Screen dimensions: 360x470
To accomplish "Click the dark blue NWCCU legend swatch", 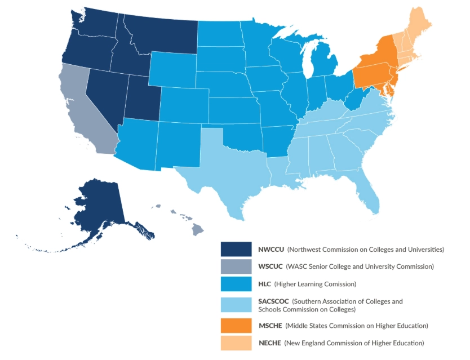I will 236,249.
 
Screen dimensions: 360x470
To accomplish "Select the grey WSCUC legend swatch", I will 236,266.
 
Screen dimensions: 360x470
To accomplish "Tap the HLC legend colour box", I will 236,284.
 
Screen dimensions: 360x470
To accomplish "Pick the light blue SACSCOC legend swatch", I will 236,305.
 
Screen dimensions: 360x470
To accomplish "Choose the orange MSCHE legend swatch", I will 236,326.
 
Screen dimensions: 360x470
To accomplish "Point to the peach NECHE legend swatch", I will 236,343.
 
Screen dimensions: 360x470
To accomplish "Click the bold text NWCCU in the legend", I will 271,249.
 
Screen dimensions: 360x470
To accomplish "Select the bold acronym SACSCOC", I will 274,301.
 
